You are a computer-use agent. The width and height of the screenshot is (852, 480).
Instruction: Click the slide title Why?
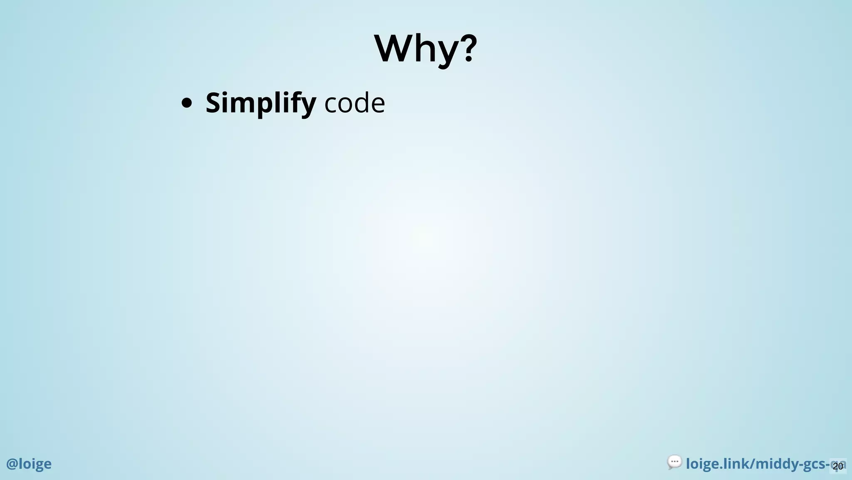coord(426,49)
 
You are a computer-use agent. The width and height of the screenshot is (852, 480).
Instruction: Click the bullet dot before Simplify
coord(187,103)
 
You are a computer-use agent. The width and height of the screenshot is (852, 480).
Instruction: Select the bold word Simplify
coord(260,103)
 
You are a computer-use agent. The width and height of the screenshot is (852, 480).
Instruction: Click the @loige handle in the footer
coord(29,464)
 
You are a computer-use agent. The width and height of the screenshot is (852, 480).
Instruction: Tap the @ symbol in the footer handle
coord(12,464)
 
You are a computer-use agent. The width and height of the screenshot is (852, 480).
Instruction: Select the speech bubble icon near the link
coord(674,462)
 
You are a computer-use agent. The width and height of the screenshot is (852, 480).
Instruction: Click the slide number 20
coord(838,466)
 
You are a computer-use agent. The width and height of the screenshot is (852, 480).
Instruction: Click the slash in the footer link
coord(751,464)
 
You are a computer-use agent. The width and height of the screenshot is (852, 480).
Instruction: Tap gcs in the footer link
coord(813,465)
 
